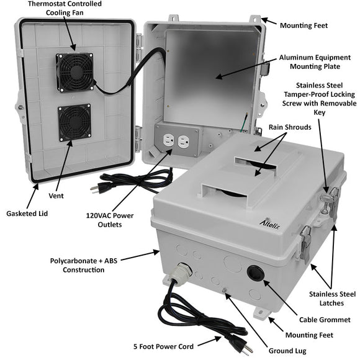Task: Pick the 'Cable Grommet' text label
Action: [x=325, y=320]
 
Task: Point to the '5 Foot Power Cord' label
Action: [x=168, y=346]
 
